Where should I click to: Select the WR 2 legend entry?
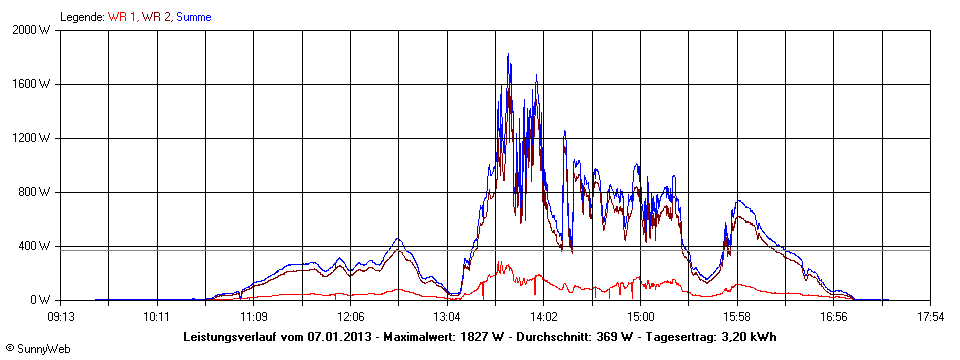[156, 17]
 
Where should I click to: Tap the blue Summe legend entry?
[194, 17]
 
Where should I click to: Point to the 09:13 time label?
[61, 317]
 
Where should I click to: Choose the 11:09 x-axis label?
[254, 317]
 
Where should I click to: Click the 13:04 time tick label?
[447, 317]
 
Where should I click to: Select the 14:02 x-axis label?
[543, 317]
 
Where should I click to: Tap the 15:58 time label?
[737, 317]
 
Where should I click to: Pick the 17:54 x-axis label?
[930, 317]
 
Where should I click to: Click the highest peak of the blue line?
[508, 54]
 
